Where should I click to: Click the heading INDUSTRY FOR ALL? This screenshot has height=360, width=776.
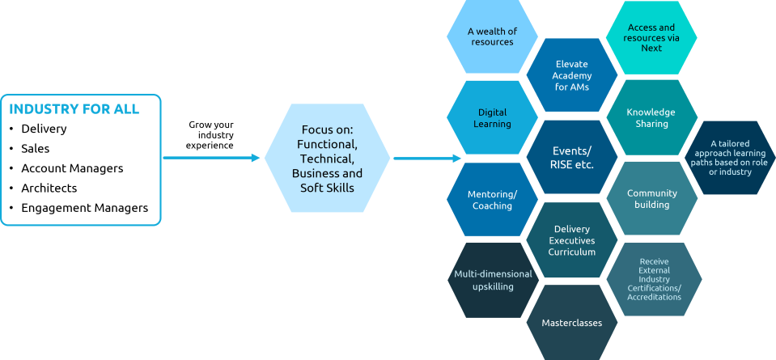click(x=74, y=109)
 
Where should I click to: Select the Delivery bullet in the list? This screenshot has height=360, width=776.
click(x=44, y=129)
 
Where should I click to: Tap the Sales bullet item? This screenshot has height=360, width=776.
click(x=36, y=149)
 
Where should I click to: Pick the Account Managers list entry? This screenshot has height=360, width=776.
click(x=72, y=168)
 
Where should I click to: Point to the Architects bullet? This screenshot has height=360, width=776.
click(x=49, y=188)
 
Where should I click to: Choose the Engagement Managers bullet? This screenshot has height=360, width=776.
click(x=84, y=208)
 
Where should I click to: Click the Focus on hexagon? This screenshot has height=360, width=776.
click(x=328, y=159)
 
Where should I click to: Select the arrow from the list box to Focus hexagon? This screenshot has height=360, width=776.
click(x=212, y=158)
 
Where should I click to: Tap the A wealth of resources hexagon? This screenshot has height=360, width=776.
click(x=492, y=36)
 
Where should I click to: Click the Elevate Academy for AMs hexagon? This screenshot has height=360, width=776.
click(x=571, y=75)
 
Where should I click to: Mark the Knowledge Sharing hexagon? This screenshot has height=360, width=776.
click(x=651, y=118)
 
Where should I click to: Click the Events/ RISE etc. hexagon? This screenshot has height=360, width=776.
click(x=572, y=158)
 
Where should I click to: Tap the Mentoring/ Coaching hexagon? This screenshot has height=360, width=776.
click(x=492, y=200)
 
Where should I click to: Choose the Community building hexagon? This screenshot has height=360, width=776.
click(x=651, y=199)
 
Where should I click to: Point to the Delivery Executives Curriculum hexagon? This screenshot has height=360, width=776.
click(x=571, y=240)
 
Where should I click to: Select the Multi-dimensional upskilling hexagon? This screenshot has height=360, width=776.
click(x=493, y=280)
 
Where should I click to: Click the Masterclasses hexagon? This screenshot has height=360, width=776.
click(x=571, y=322)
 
